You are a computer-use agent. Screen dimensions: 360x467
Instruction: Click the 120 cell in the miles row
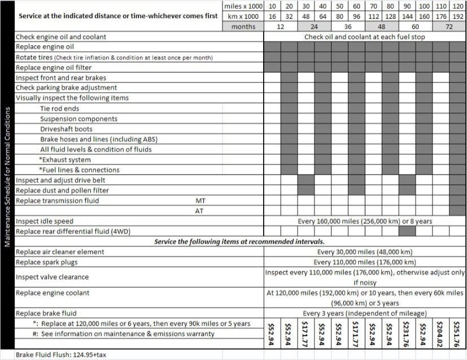pos(458,6)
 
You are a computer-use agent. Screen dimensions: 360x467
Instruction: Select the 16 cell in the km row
pos(272,16)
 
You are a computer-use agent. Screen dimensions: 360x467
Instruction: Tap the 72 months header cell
pos(449,26)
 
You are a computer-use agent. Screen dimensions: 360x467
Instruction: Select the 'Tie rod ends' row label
pos(59,109)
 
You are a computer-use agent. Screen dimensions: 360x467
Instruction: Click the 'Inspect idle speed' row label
pos(45,221)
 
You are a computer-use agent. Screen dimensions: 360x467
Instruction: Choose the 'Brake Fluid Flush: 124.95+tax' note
pos(64,354)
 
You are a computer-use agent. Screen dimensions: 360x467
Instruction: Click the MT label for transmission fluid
pos(200,201)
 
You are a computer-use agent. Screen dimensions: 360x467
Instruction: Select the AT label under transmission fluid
pos(200,211)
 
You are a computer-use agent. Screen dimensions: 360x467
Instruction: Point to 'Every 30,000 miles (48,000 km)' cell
pos(365,252)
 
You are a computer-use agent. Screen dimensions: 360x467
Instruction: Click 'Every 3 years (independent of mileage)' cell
pos(365,313)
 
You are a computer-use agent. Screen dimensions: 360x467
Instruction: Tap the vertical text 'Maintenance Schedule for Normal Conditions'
pos(7,175)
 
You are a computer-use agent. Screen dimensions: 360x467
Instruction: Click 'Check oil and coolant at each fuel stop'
pos(365,37)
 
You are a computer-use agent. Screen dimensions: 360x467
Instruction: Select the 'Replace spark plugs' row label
pos(47,262)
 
